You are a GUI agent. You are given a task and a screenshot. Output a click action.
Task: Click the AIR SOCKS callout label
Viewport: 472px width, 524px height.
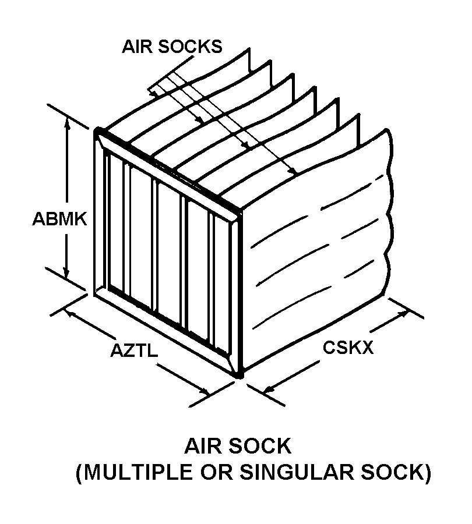(x=172, y=47)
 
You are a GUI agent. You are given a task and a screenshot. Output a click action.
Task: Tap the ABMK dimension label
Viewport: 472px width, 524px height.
(x=59, y=219)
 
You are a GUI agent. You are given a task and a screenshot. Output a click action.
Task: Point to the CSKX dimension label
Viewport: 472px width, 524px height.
(x=348, y=348)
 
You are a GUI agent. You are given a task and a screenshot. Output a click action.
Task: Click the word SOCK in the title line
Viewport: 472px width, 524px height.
(x=262, y=447)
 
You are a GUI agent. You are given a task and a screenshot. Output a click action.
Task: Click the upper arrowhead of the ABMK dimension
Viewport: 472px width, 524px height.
(x=68, y=120)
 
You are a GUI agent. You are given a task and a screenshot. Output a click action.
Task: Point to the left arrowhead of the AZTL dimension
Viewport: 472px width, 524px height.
(x=72, y=313)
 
